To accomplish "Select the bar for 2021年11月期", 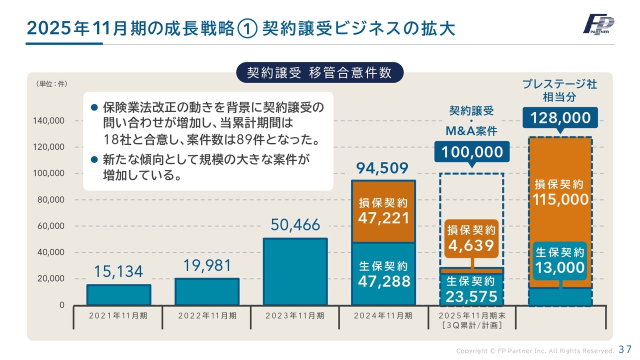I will (118, 295).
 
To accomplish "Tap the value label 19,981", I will (207, 266).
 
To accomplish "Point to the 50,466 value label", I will (295, 225).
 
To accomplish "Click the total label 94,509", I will (383, 168).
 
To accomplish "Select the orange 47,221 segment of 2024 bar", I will (383, 211).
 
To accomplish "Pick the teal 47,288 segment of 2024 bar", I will (383, 274).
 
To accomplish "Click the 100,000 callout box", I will (471, 152).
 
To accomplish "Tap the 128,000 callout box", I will (560, 118).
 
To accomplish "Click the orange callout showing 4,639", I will (471, 238).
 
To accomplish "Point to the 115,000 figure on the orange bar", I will (560, 200).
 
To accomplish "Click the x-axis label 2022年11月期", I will (207, 315).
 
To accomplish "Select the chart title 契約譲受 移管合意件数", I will (319, 73).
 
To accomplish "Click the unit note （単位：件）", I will (51, 84).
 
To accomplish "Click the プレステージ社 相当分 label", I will (559, 90).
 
